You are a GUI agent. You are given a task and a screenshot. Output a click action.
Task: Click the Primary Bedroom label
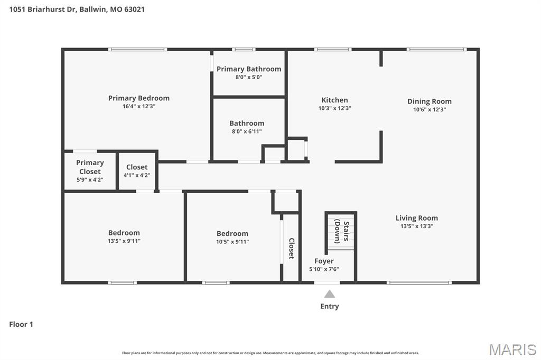point(138,98)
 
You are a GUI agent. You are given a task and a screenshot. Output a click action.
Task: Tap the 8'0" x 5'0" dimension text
point(248,77)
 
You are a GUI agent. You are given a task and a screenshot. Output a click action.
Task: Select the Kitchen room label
point(334,100)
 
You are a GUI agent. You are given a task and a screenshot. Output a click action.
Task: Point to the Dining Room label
point(429,101)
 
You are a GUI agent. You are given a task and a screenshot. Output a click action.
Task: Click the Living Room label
point(416,218)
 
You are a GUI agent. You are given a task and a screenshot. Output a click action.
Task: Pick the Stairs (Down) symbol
point(340,230)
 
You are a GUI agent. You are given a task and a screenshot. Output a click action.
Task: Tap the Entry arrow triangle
point(329,294)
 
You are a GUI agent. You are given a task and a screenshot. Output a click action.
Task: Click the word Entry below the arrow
point(329,306)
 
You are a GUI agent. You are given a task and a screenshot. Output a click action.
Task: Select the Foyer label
point(324,261)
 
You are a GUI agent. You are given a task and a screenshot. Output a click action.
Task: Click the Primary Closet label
point(90,167)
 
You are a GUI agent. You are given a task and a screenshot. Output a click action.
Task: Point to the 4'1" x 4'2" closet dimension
point(136,175)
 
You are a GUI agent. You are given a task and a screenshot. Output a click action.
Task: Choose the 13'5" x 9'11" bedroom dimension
point(124,241)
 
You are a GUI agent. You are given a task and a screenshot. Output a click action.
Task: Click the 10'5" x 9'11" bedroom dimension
point(232,242)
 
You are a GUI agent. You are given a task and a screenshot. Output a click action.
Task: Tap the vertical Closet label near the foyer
point(291,248)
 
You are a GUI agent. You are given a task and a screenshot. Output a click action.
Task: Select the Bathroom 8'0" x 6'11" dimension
point(246,131)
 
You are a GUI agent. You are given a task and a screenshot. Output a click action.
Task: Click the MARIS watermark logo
point(512,349)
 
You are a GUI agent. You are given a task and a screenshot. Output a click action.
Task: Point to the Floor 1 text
point(21,325)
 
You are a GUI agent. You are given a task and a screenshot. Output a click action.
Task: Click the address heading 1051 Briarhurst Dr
point(77,9)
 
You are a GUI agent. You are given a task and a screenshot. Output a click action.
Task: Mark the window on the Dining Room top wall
point(436,50)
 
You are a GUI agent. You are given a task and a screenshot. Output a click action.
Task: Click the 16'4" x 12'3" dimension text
point(138,106)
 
